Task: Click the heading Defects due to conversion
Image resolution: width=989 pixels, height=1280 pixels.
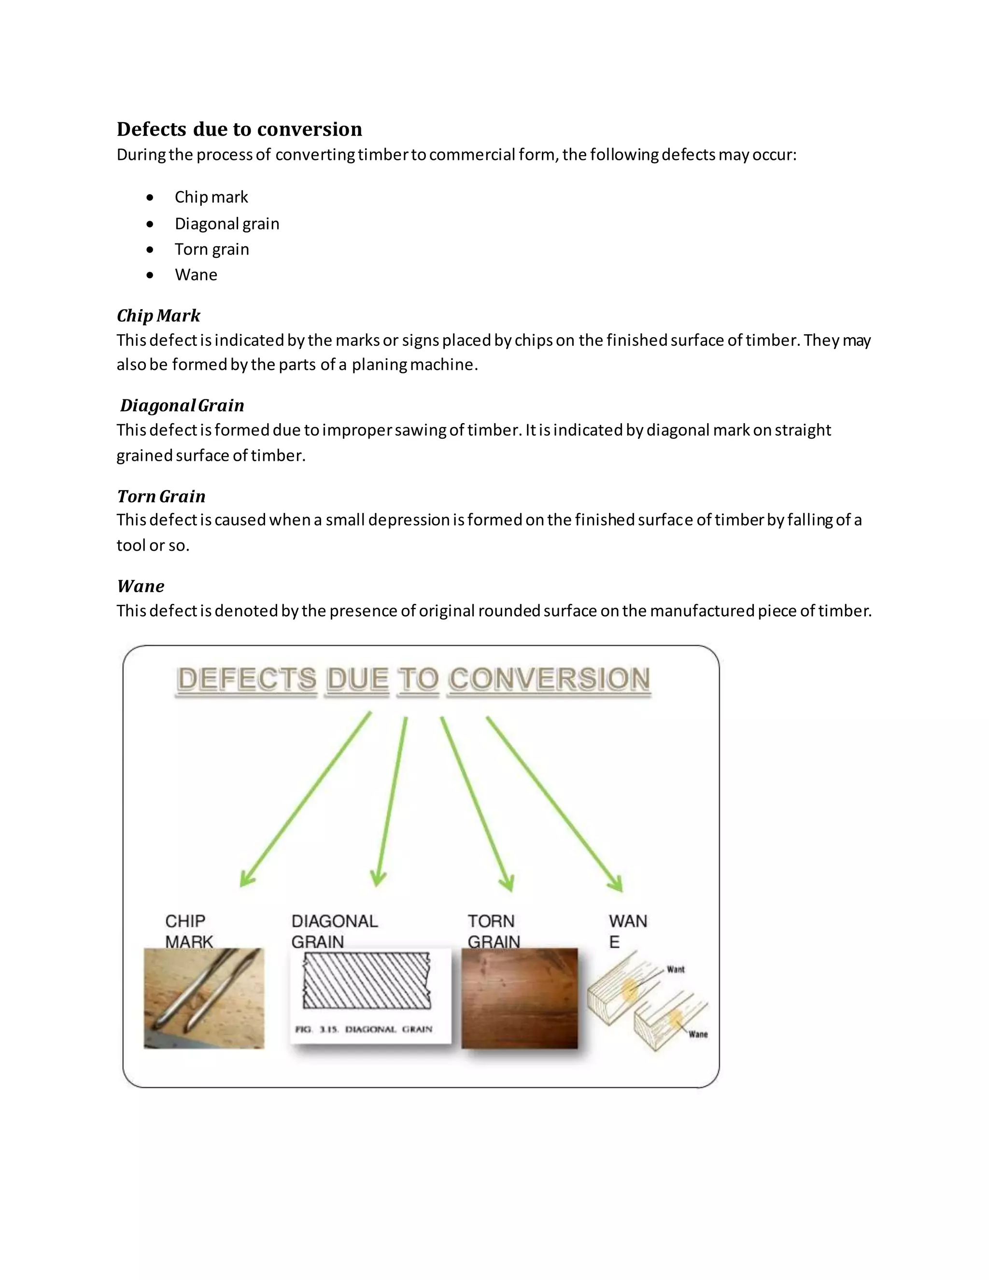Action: (239, 129)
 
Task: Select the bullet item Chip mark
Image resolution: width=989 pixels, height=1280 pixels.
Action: (211, 197)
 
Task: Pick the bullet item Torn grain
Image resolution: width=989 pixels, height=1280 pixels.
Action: (212, 249)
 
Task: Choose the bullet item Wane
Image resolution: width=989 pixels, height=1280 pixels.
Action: (196, 275)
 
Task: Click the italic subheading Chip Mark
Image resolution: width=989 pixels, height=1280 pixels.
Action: (158, 315)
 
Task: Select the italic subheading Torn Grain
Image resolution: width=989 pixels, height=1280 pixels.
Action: (161, 496)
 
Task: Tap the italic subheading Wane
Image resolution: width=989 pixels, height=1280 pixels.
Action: (141, 585)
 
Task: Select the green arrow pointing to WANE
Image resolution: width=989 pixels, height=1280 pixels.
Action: (554, 803)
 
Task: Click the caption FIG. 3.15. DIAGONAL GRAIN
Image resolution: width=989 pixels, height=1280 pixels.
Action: (363, 1029)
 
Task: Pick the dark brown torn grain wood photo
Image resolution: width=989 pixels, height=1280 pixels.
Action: (519, 999)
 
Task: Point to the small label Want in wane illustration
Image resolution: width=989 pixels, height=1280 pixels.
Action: (676, 969)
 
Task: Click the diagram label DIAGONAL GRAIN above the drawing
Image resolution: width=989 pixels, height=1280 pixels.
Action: (334, 931)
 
